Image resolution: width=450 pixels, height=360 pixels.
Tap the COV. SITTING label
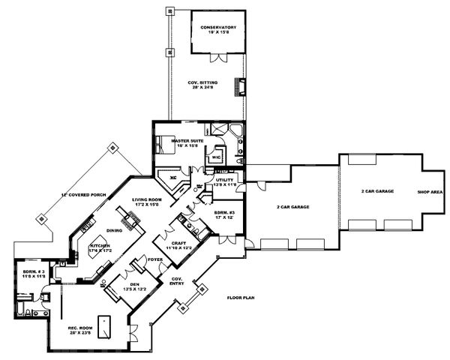[204, 85]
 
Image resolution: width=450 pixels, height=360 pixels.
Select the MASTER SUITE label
[187, 141]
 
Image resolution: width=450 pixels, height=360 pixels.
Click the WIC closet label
[216, 157]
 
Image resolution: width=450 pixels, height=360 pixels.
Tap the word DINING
[114, 230]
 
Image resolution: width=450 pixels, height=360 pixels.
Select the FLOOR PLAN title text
[242, 298]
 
